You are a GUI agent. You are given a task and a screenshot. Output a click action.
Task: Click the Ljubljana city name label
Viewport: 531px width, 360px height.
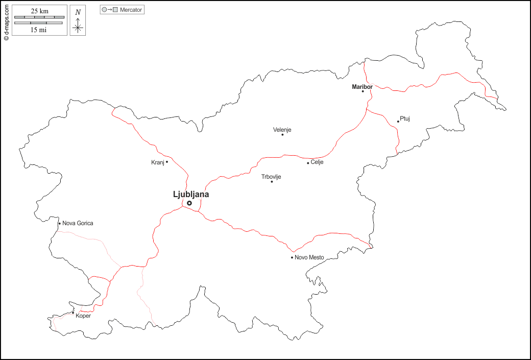click(191, 194)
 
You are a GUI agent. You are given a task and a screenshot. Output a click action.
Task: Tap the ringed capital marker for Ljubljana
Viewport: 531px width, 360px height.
click(189, 203)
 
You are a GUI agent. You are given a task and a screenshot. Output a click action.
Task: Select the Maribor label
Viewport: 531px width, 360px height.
click(362, 87)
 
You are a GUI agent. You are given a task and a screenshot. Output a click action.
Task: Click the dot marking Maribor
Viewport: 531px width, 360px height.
click(363, 91)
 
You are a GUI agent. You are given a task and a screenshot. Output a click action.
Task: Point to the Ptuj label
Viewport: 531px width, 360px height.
click(405, 118)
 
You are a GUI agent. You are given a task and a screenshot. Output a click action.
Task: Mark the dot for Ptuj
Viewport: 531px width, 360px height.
click(398, 122)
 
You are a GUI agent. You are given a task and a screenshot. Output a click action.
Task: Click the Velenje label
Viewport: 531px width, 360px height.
click(282, 130)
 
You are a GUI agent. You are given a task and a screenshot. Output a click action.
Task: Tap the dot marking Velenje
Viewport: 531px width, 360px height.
click(282, 135)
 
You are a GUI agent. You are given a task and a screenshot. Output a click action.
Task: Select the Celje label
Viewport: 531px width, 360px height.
click(317, 162)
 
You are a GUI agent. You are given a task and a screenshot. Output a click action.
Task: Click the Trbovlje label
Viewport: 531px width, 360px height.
click(271, 177)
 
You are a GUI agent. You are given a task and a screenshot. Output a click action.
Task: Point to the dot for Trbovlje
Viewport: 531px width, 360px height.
click(272, 182)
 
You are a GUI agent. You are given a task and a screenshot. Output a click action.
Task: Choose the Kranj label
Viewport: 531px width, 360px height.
click(157, 162)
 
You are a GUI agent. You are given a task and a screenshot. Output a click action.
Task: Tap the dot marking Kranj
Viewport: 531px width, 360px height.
click(167, 162)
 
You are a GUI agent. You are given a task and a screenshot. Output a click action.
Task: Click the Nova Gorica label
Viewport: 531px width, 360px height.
click(78, 223)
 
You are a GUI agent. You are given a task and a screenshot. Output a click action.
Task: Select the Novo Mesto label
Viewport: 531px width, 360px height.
click(309, 257)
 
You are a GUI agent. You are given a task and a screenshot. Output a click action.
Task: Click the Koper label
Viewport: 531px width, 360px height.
click(83, 316)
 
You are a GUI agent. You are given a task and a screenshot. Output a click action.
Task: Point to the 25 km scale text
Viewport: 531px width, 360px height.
click(39, 11)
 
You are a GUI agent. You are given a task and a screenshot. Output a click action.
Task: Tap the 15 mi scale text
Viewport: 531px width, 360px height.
click(39, 30)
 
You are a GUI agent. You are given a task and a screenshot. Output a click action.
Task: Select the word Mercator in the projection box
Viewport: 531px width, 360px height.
click(131, 10)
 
